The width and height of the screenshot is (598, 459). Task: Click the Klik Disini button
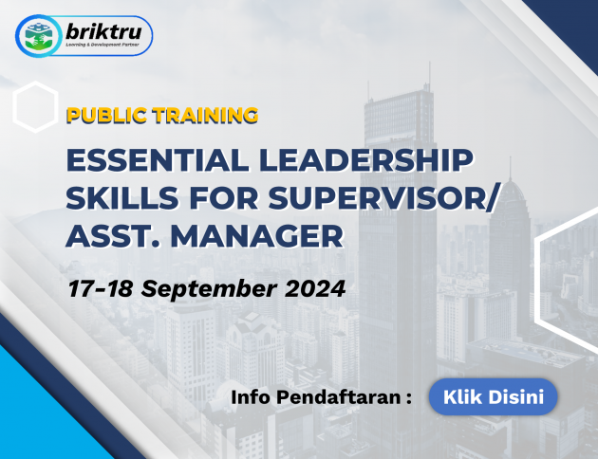(493, 396)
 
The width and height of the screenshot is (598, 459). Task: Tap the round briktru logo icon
(38, 36)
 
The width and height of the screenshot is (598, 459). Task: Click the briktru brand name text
(103, 31)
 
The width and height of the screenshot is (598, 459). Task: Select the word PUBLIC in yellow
(106, 116)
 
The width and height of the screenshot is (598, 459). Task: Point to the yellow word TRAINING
(206, 116)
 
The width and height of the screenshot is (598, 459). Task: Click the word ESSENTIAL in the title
(158, 160)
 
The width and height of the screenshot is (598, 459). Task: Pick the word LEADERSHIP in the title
(366, 160)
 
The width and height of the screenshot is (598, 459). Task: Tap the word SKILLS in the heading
(122, 198)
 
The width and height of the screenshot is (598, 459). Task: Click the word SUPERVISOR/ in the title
(383, 198)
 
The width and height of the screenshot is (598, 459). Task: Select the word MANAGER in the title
(257, 236)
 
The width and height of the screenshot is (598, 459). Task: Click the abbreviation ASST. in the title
(113, 236)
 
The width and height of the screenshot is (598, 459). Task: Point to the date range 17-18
(101, 288)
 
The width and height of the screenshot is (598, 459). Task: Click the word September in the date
(209, 289)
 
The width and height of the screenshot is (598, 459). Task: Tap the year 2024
(315, 288)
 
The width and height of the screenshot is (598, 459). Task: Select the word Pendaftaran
(339, 397)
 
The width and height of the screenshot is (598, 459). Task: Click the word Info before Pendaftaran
(251, 397)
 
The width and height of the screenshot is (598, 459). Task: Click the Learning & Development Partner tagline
(103, 45)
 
